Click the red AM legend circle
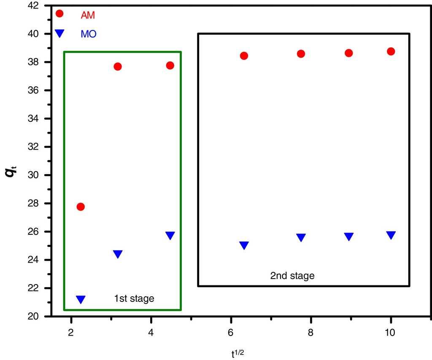[59, 13]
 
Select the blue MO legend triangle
[59, 33]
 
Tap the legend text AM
[88, 15]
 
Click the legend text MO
[89, 34]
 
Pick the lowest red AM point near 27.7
[81, 207]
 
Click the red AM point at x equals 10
[391, 51]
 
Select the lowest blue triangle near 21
[81, 299]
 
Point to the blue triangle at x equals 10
[391, 235]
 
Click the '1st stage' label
[134, 299]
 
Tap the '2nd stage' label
[292, 276]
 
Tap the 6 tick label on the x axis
[231, 332]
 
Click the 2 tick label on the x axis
[71, 332]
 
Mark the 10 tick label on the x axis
[390, 332]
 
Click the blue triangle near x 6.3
[244, 245]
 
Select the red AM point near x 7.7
[301, 54]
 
